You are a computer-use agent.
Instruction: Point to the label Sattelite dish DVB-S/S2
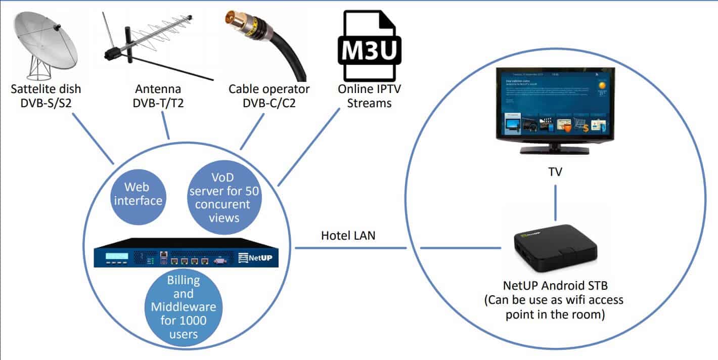coord(46,96)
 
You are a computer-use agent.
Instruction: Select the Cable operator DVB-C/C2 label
coord(268,96)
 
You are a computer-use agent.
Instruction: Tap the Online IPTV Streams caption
coord(365,96)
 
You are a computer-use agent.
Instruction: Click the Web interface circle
coord(138,194)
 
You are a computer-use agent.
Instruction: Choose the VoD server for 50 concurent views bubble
coord(223,198)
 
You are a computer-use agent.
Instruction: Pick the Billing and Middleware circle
coord(184,307)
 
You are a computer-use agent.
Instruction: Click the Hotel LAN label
coord(348,235)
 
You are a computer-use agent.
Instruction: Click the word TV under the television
coord(556,172)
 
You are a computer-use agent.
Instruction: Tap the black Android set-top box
coord(555,249)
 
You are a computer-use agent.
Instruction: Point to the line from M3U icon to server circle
coord(308,147)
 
